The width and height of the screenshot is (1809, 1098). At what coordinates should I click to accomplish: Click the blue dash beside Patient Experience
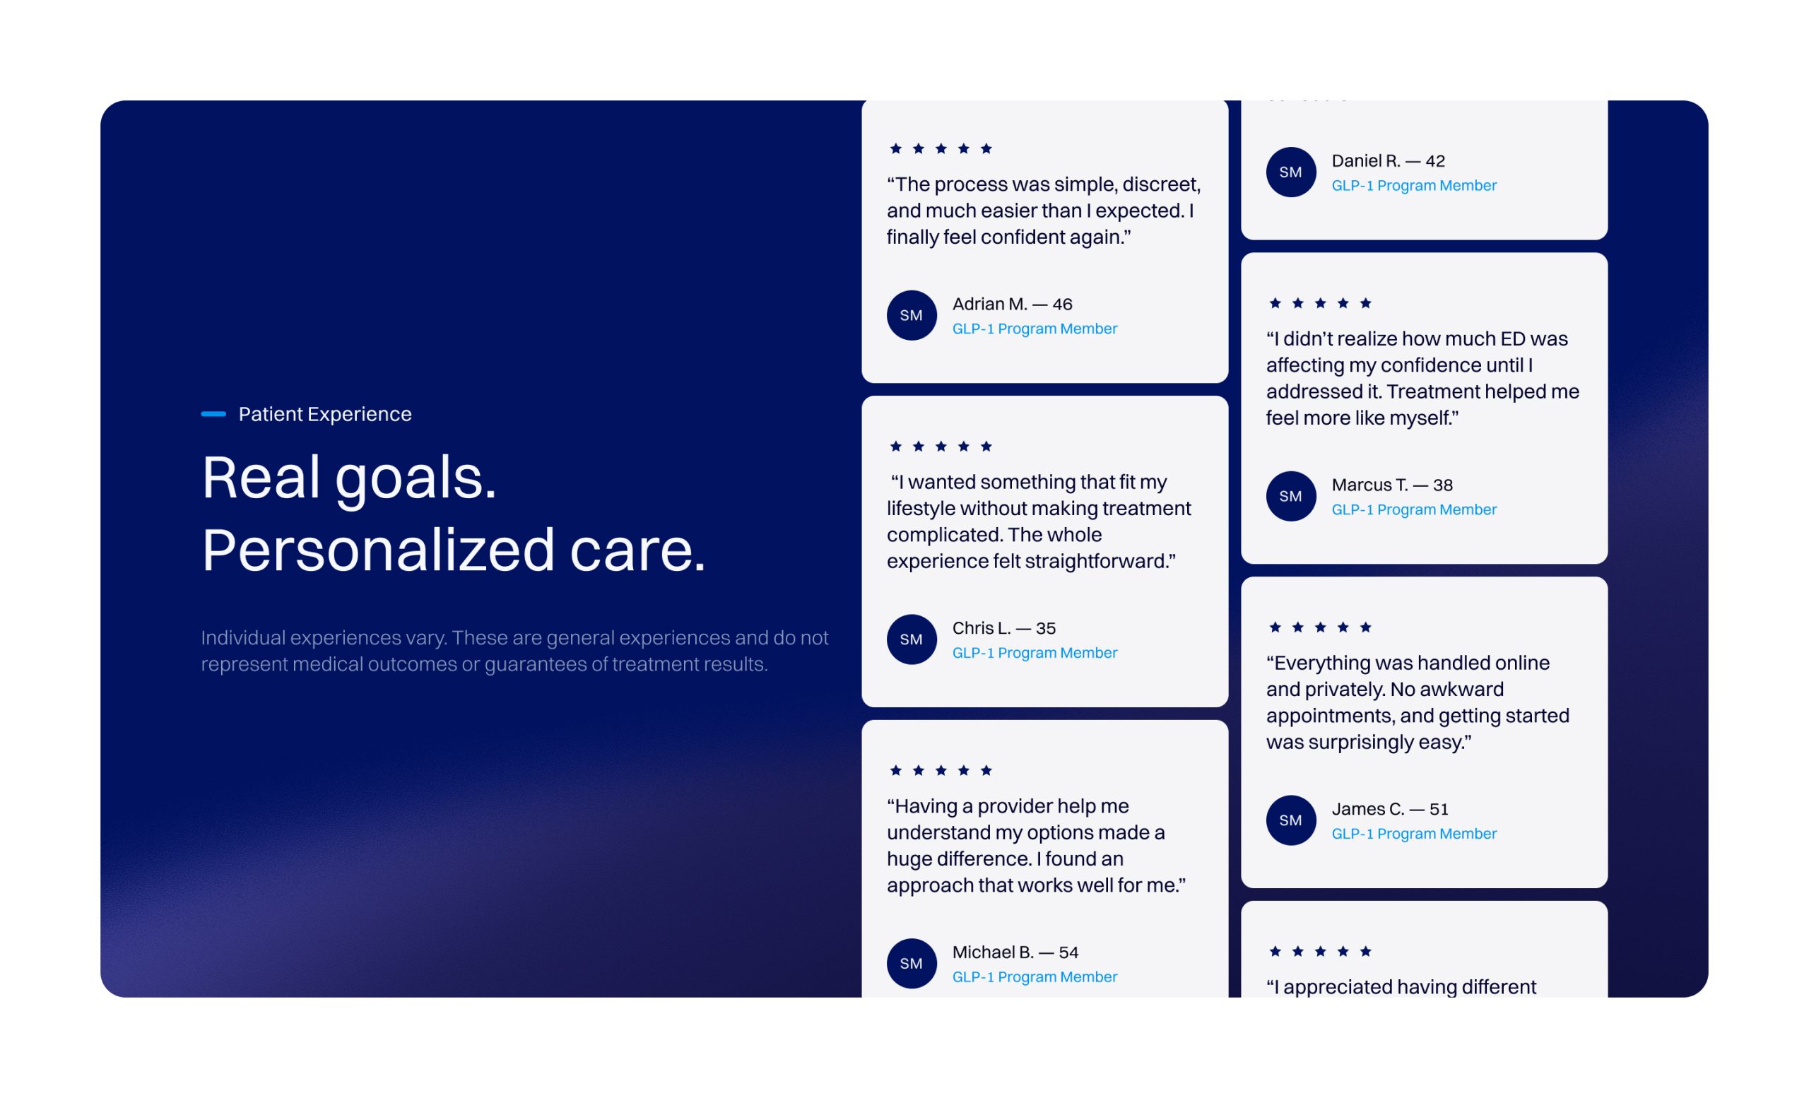pyautogui.click(x=213, y=414)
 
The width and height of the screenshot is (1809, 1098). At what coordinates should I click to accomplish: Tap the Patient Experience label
pyautogui.click(x=324, y=414)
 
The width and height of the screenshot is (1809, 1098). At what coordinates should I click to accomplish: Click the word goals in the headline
pyautogui.click(x=416, y=478)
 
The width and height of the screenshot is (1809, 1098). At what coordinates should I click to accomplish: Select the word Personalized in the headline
pyautogui.click(x=378, y=550)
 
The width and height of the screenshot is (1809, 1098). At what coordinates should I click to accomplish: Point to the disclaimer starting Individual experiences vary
pyautogui.click(x=514, y=650)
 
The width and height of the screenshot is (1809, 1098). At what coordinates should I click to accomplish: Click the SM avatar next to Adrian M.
pyautogui.click(x=912, y=315)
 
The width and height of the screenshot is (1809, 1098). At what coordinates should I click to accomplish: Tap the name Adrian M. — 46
pyautogui.click(x=1013, y=304)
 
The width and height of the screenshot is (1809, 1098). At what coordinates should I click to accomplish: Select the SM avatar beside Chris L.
pyautogui.click(x=912, y=639)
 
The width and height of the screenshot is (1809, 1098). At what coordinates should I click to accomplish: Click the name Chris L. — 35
pyautogui.click(x=1003, y=628)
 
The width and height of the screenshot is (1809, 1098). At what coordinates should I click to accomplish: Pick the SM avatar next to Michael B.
pyautogui.click(x=912, y=964)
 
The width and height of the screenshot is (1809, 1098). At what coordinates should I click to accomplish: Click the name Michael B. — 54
pyautogui.click(x=1015, y=952)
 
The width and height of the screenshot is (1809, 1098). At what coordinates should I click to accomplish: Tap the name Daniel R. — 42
pyautogui.click(x=1389, y=160)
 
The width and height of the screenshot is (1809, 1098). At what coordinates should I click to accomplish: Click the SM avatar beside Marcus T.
pyautogui.click(x=1292, y=496)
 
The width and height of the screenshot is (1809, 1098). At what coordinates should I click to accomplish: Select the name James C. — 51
pyautogui.click(x=1390, y=809)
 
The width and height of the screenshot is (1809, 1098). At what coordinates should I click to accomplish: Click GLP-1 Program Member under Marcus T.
pyautogui.click(x=1414, y=509)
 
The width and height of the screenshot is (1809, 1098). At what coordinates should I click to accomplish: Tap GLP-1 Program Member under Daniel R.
pyautogui.click(x=1414, y=185)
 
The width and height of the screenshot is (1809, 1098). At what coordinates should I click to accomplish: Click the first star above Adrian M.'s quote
pyautogui.click(x=896, y=148)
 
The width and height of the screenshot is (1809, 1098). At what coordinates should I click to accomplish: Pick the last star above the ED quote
pyautogui.click(x=1365, y=303)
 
